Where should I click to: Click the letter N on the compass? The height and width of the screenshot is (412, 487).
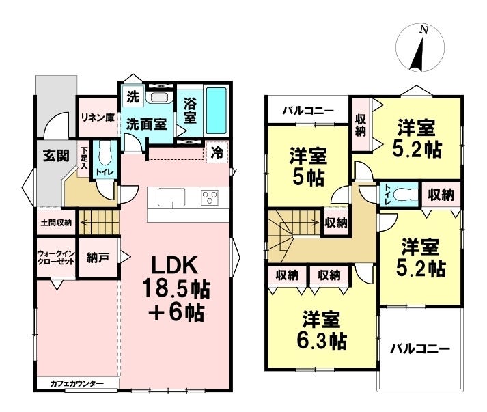pos(424,30)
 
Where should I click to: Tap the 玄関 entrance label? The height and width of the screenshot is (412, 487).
pos(56,155)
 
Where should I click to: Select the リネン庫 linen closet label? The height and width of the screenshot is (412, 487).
pos(98,118)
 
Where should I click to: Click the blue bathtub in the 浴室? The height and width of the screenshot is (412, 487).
pos(217,111)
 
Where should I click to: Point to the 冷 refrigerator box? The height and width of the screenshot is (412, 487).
pos(217,152)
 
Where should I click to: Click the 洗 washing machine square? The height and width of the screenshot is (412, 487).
pos(133,97)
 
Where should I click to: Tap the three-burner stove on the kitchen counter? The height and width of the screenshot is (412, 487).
pos(210,197)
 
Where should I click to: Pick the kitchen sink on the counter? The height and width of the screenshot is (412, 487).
pos(171,197)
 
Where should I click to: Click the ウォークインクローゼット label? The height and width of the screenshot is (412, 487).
pos(56,258)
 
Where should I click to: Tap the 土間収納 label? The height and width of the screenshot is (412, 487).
pos(56,223)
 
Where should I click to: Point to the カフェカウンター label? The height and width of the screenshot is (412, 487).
pos(76,384)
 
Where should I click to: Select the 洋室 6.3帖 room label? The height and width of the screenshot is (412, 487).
pos(321,330)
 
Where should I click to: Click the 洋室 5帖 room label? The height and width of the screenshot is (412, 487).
pos(308,167)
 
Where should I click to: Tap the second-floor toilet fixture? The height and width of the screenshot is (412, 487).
pos(404,195)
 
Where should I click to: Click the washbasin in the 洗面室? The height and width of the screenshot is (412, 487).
pos(159,97)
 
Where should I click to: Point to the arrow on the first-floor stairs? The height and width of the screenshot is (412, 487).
pos(99,223)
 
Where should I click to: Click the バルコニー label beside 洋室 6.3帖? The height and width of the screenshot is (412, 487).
pos(420,348)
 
